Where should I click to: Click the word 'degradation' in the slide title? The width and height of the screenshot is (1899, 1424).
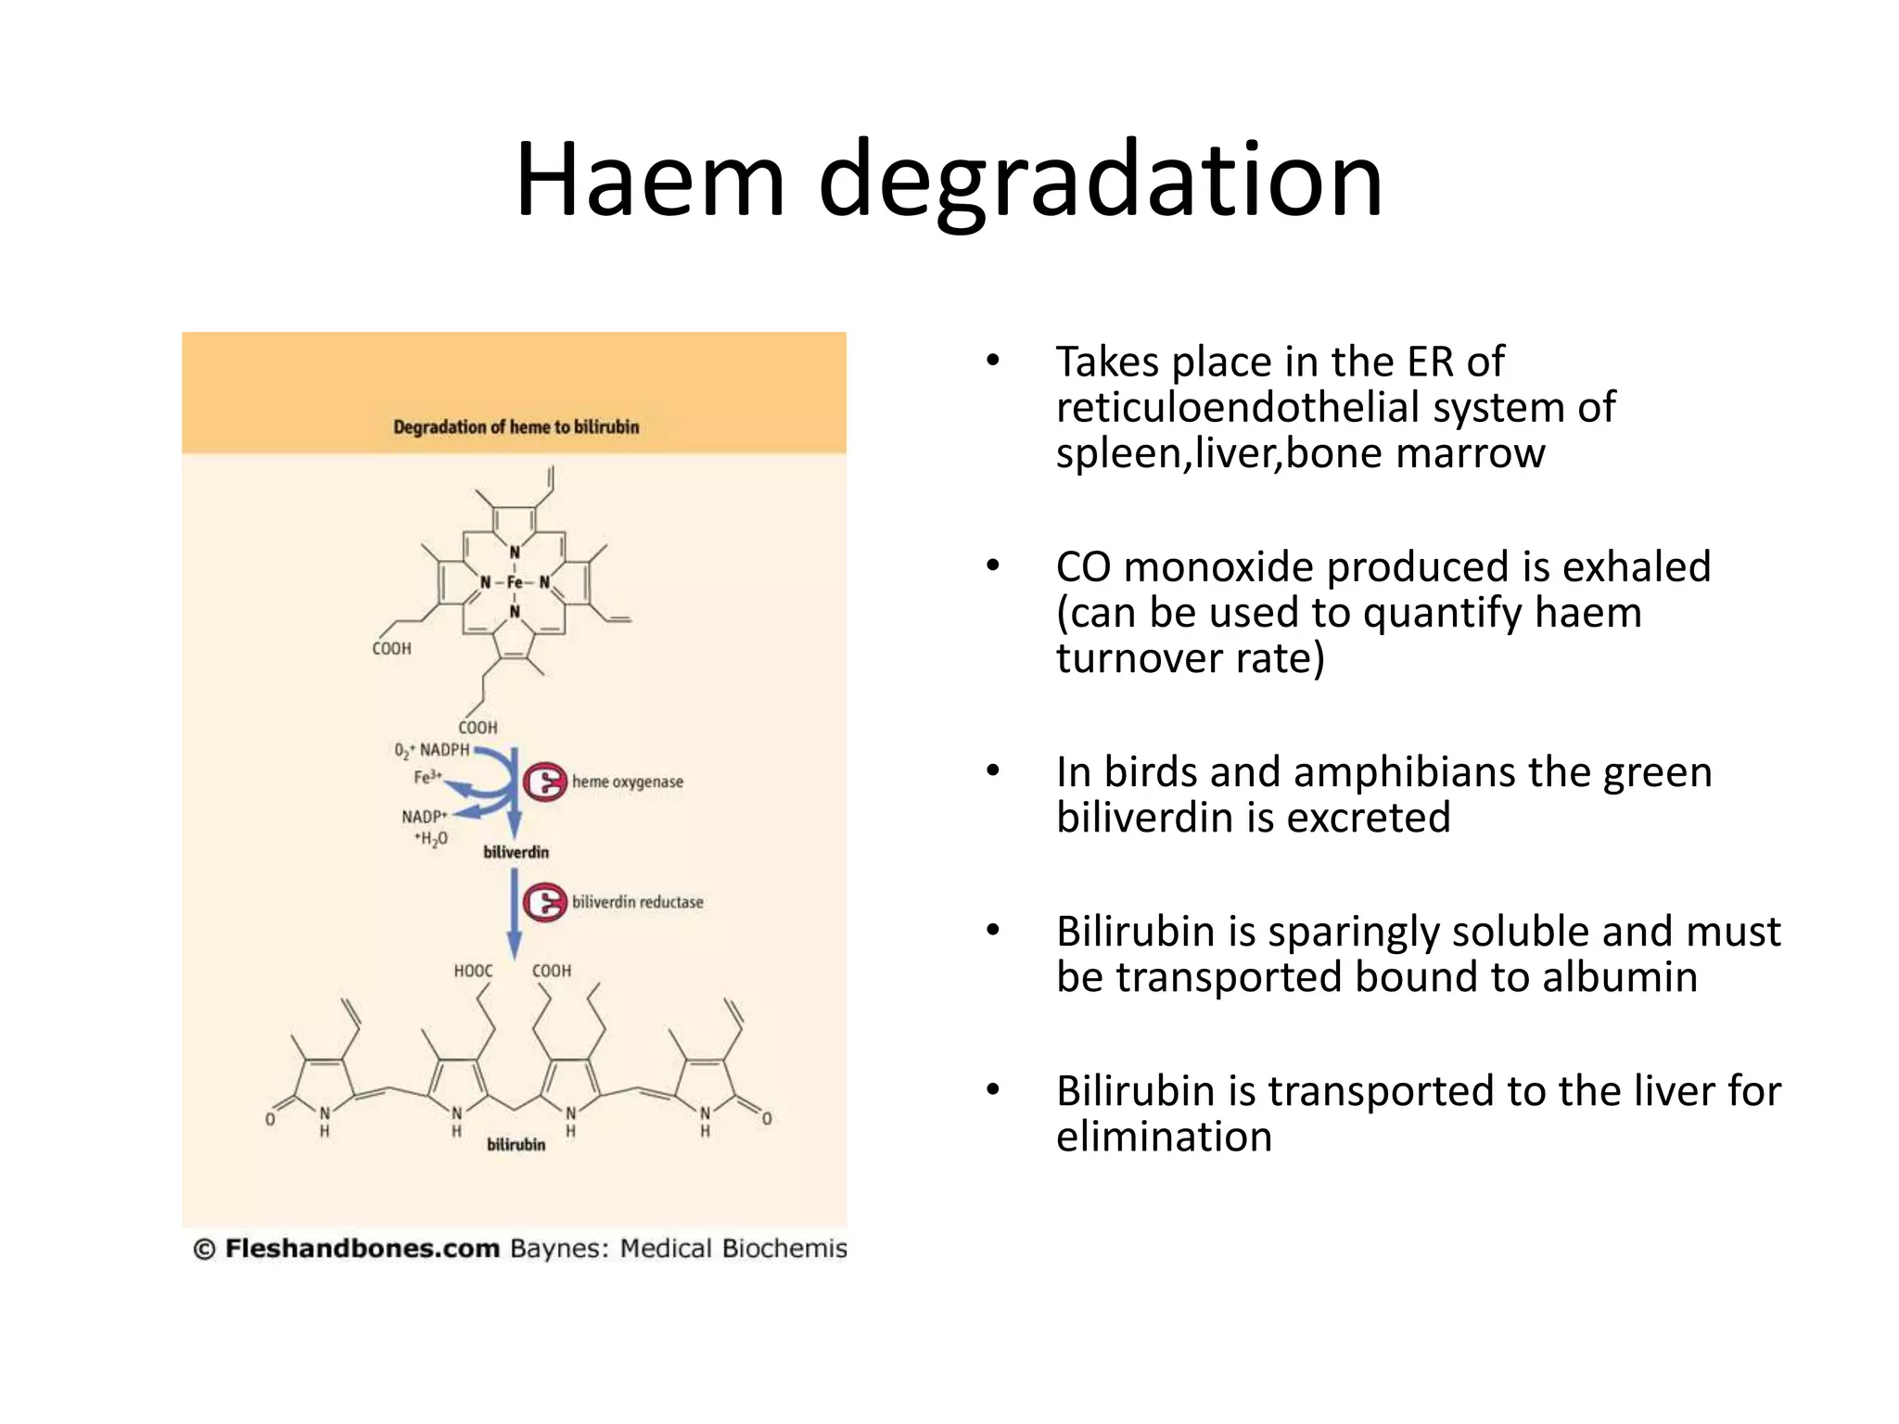click(x=1101, y=181)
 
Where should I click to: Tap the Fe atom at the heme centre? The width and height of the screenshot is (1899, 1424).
click(x=515, y=582)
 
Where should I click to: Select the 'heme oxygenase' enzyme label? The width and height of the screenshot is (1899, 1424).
click(x=627, y=782)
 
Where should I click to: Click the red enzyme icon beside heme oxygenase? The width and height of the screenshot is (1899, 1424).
click(x=544, y=782)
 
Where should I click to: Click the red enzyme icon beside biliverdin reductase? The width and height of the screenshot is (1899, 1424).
click(x=544, y=902)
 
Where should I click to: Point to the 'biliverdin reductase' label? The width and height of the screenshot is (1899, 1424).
click(x=637, y=902)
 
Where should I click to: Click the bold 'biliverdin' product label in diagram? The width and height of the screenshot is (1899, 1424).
click(x=516, y=852)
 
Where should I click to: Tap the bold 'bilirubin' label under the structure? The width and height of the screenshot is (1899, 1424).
click(x=516, y=1145)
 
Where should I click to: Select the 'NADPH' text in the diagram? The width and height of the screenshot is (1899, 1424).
click(x=444, y=749)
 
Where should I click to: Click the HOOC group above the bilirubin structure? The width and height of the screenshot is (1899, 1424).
click(x=473, y=971)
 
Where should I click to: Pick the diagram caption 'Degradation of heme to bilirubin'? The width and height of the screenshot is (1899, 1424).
click(x=516, y=426)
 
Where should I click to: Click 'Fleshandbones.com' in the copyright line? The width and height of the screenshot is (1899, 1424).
click(x=362, y=1248)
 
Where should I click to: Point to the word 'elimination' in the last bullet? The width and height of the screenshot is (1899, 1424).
click(x=1164, y=1136)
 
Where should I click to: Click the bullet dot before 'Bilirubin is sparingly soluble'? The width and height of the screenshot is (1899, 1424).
click(x=993, y=930)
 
